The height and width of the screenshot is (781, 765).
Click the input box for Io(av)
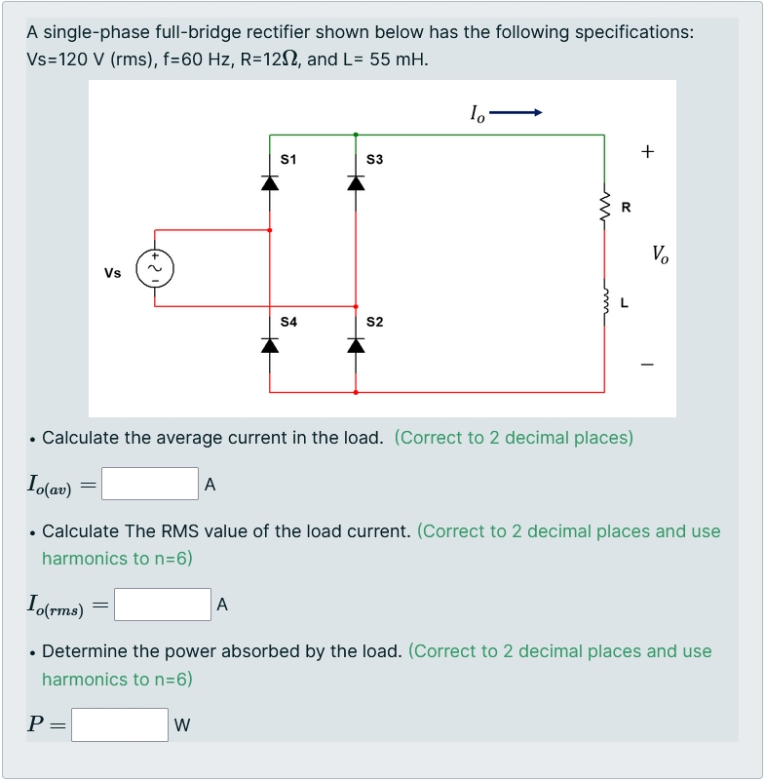point(150,484)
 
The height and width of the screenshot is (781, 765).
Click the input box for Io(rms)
point(163,605)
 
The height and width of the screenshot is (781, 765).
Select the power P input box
point(120,724)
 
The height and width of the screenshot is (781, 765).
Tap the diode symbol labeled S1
point(269,182)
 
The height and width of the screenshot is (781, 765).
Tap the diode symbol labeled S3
point(356,182)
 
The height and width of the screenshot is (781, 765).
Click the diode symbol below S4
point(269,345)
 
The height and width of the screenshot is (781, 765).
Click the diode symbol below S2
point(356,345)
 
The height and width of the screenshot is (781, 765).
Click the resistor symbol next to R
point(605,207)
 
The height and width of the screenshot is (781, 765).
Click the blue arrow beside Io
point(516,113)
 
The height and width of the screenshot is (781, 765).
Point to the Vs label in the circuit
point(113,273)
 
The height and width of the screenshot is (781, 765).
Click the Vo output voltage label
point(660,255)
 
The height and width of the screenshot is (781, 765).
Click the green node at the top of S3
point(356,135)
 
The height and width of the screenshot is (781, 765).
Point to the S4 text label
point(288,321)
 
